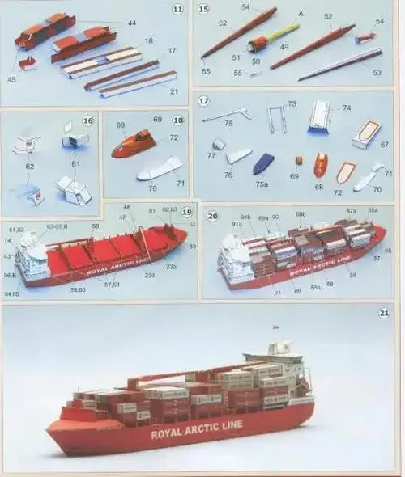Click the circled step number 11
pyautogui.click(x=177, y=10)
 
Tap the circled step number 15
pyautogui.click(x=203, y=10)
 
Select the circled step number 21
pyautogui.click(x=384, y=313)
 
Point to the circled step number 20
pyautogui.click(x=212, y=216)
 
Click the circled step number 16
pyautogui.click(x=87, y=120)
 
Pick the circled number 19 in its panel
pyautogui.click(x=187, y=212)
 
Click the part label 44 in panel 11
pyautogui.click(x=132, y=23)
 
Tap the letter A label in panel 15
pyautogui.click(x=301, y=14)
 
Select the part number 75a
pyautogui.click(x=262, y=184)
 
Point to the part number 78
pyautogui.click(x=228, y=123)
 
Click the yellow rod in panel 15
pyautogui.click(x=283, y=34)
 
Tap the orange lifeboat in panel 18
pyautogui.click(x=133, y=143)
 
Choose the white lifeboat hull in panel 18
pyautogui.click(x=160, y=168)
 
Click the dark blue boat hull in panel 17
pyautogui.click(x=263, y=164)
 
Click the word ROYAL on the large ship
pyautogui.click(x=170, y=434)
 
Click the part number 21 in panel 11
pyautogui.click(x=174, y=91)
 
